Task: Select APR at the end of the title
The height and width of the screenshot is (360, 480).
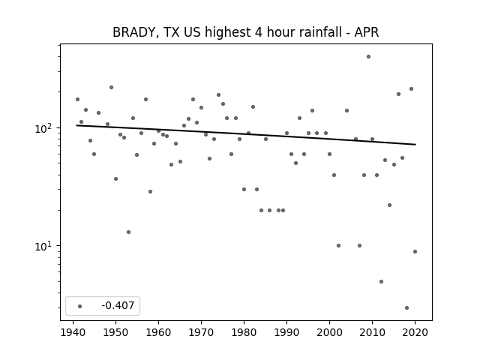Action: [367, 32]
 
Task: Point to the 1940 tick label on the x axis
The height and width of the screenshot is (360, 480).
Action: [73, 332]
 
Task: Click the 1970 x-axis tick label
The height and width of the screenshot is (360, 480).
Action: [201, 332]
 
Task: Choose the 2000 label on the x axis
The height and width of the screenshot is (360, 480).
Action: [329, 332]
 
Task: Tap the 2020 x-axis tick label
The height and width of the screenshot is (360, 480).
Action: [415, 332]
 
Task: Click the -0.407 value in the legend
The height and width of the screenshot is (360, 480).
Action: [118, 305]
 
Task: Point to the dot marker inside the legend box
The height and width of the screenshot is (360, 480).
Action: [79, 306]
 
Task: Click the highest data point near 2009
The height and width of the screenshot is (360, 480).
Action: [368, 57]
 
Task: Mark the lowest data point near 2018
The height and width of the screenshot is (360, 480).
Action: [406, 308]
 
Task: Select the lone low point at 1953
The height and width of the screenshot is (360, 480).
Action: [128, 232]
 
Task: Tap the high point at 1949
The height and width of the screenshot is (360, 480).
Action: [111, 88]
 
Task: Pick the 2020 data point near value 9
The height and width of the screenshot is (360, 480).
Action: [415, 252]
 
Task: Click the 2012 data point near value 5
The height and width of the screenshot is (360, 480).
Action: [381, 282]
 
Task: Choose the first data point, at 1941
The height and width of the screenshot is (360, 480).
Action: [77, 100]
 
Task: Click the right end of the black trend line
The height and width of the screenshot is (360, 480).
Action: [415, 145]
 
